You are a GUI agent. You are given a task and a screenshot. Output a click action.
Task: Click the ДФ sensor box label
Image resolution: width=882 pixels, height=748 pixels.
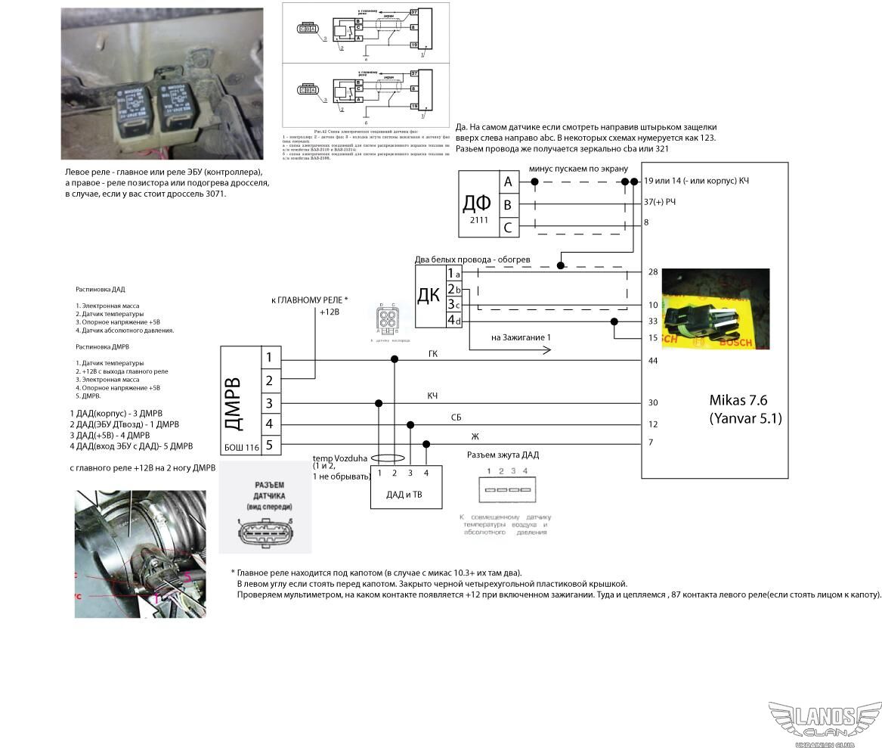pos(477,203)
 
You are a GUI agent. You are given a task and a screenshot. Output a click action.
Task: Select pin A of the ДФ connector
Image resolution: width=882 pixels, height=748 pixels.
pos(508,182)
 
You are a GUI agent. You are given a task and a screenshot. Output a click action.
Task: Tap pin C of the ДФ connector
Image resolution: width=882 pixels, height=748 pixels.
pos(508,227)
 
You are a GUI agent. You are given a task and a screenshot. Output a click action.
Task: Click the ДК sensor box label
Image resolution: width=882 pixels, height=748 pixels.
pos(429,294)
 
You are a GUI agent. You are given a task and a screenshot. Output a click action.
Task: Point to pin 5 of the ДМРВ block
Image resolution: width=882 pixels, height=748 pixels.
pos(269,446)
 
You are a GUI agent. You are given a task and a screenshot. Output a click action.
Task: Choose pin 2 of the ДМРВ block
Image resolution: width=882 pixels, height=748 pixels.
pos(269,380)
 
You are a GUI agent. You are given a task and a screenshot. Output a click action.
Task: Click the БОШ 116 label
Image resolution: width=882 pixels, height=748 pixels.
pos(241,447)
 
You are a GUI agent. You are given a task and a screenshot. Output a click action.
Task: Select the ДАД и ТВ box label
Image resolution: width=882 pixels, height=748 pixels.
pos(404,495)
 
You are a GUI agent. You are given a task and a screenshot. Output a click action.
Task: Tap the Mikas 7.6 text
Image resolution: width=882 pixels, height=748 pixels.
pos(738,401)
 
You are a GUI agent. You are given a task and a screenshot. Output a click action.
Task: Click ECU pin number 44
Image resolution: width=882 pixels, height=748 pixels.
pos(653,361)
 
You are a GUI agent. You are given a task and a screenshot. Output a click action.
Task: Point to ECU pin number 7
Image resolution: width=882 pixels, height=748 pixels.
pos(651,442)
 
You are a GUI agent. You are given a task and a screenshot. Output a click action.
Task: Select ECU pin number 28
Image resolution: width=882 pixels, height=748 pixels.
pos(653,272)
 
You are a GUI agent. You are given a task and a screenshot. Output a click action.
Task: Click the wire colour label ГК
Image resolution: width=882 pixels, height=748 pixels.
pos(433,354)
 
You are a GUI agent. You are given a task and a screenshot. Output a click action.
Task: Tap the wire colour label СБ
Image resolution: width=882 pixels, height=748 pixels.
pos(456,417)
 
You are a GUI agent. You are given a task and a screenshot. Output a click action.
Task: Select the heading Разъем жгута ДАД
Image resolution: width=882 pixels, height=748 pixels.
pos(503,455)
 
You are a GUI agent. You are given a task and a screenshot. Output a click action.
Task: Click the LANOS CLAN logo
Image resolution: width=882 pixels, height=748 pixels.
pos(825,723)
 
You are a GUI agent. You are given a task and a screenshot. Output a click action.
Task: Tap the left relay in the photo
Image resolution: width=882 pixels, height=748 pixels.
pos(135,107)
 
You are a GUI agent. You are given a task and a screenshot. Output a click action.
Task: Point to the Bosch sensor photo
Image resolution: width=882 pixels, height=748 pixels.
pos(715,309)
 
